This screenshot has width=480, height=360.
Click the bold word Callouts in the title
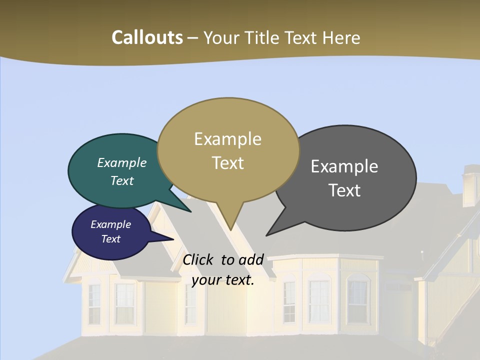[x=147, y=37]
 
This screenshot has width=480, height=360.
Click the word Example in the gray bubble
[x=344, y=166]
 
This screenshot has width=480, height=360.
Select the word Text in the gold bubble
[x=228, y=163]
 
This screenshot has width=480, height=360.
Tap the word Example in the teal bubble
[x=122, y=162]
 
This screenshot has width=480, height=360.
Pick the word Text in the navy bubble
[x=111, y=239]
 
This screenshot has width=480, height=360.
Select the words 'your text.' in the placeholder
[x=223, y=280]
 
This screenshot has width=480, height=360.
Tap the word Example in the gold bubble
[x=228, y=139]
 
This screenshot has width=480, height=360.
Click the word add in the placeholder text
[x=251, y=259]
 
